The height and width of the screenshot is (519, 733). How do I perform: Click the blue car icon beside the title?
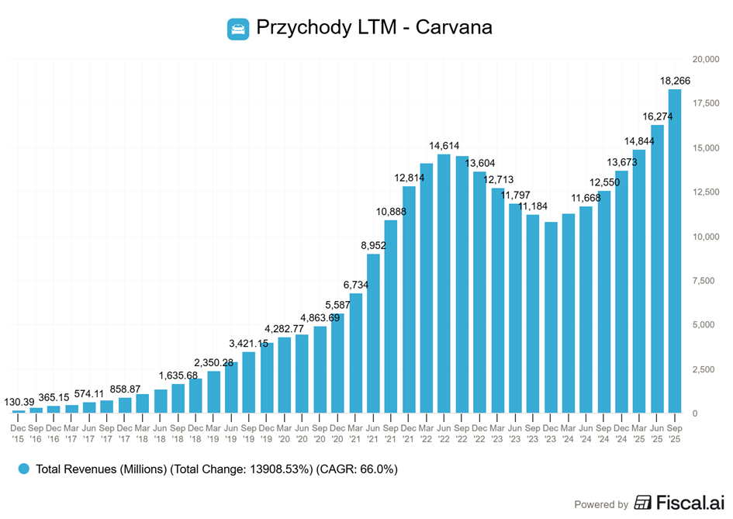(x=238, y=29)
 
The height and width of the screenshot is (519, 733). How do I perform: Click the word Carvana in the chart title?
(x=454, y=28)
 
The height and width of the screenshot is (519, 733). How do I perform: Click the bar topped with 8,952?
(x=374, y=333)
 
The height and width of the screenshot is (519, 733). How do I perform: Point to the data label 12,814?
(x=409, y=178)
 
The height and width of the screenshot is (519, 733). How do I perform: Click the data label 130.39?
(x=19, y=402)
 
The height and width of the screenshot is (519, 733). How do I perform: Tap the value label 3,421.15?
(x=248, y=343)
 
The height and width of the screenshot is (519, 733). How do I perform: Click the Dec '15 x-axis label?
(x=18, y=433)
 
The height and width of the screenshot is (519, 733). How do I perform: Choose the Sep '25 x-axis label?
(x=675, y=433)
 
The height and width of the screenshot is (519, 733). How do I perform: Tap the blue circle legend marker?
(x=24, y=469)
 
